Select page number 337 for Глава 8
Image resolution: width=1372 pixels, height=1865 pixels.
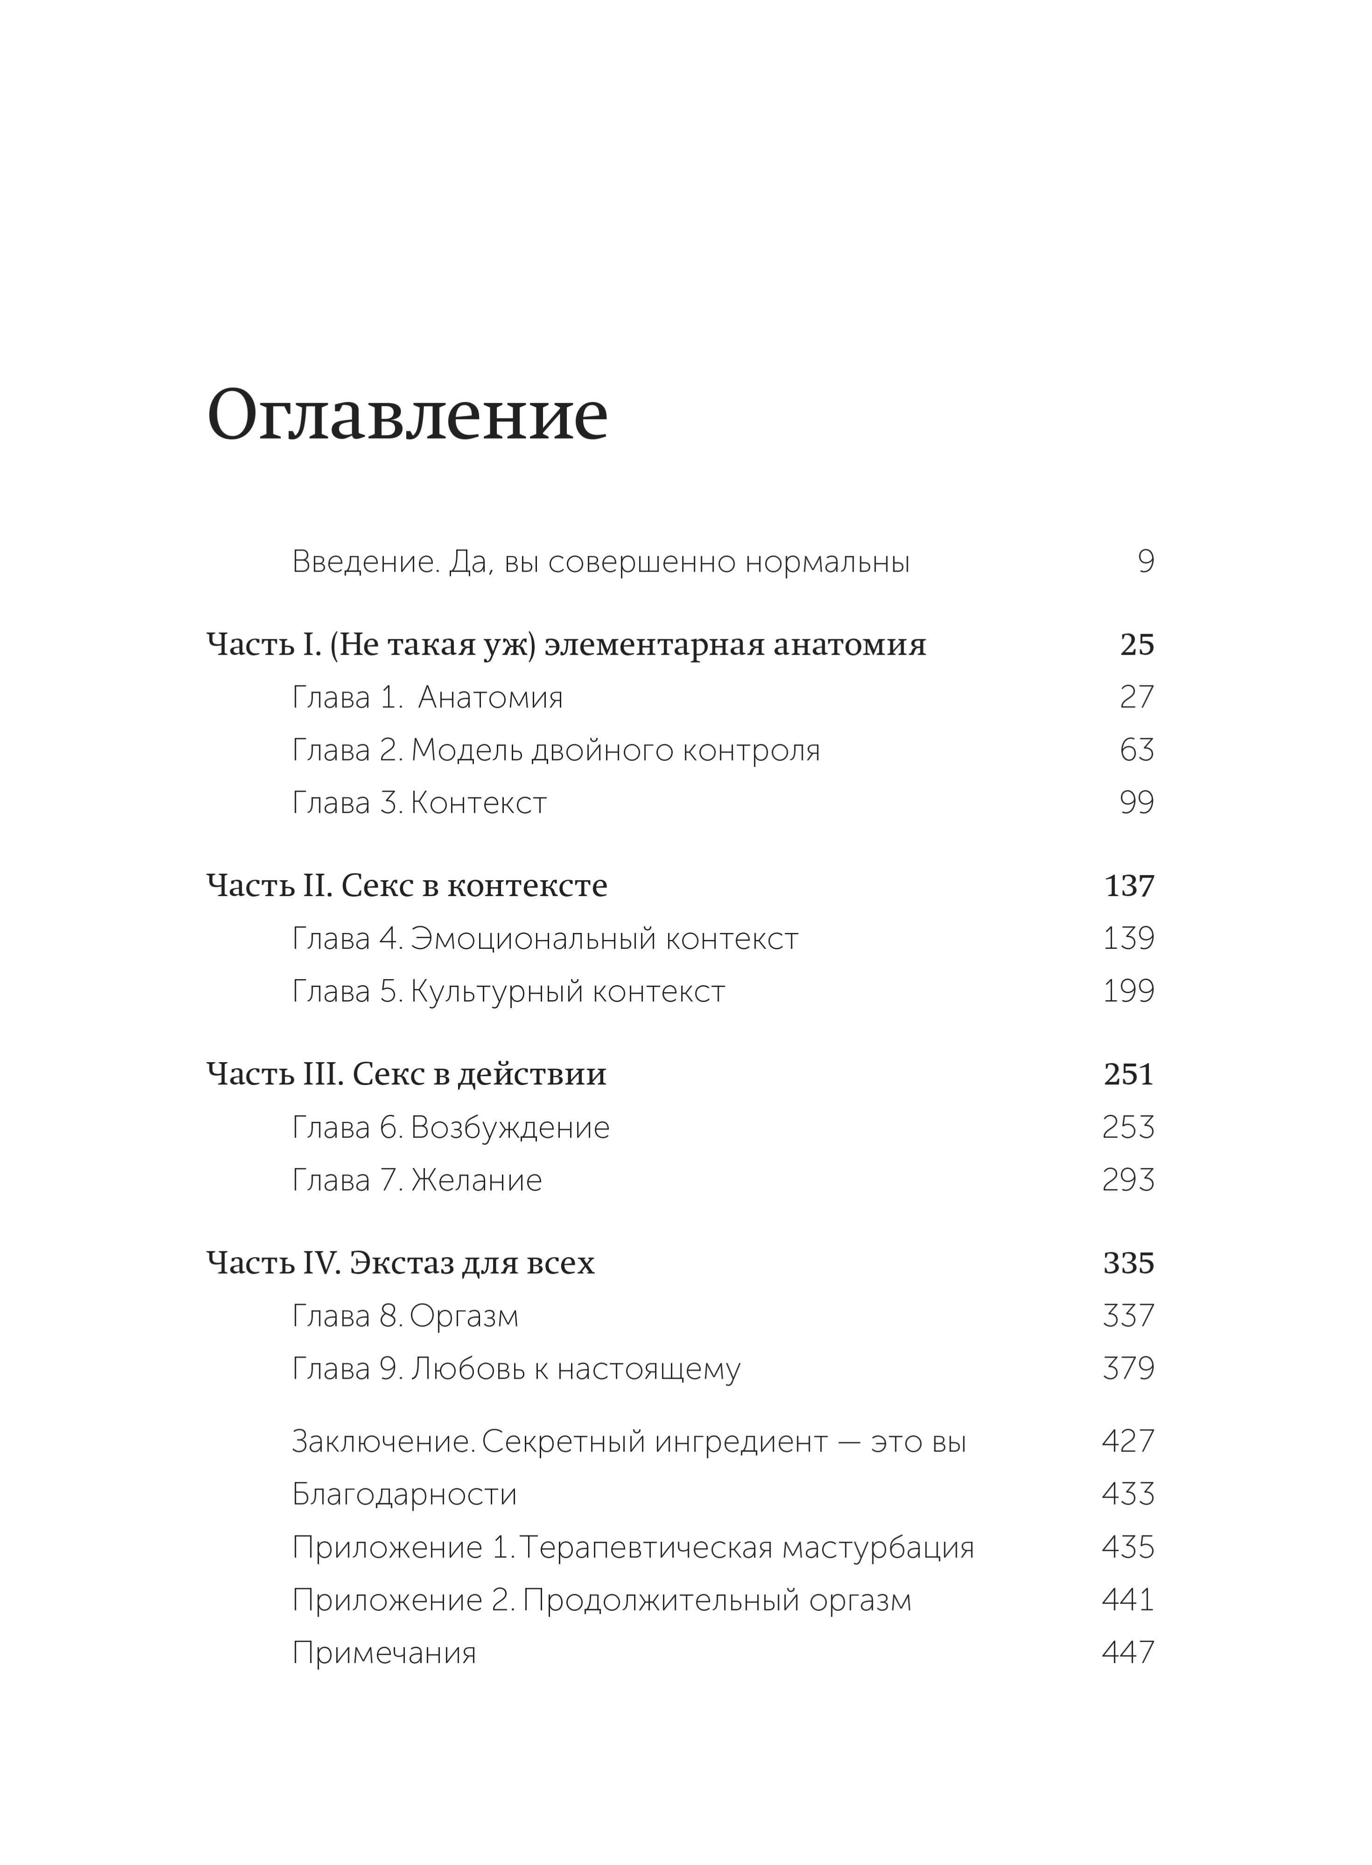click(x=1128, y=1316)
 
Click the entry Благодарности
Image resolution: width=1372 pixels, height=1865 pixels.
click(x=404, y=1494)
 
